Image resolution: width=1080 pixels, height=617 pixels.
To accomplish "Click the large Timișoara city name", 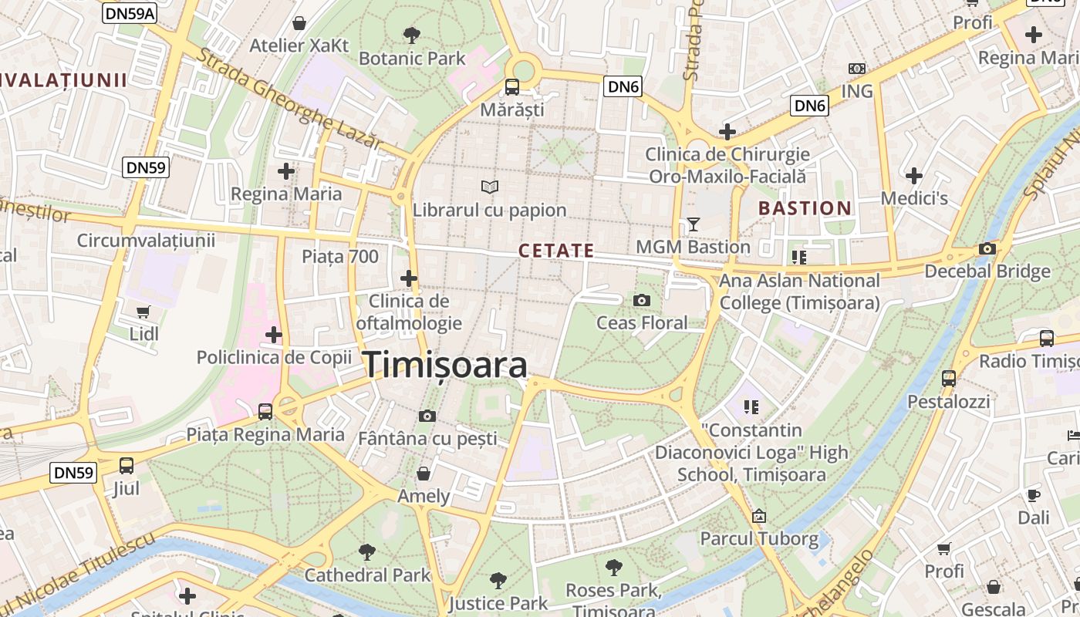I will pyautogui.click(x=446, y=364).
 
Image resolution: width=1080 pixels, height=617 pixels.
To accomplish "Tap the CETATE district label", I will pyautogui.click(x=556, y=251).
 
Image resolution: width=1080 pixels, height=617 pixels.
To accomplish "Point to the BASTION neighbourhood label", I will pyautogui.click(x=805, y=208).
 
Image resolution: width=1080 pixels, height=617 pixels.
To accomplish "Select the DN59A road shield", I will pyautogui.click(x=129, y=14).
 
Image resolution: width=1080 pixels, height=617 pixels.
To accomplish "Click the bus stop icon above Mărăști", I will pyautogui.click(x=511, y=86).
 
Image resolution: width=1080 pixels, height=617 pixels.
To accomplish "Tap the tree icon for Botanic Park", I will pyautogui.click(x=412, y=35).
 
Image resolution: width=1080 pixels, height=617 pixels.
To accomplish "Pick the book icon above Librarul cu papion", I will pyautogui.click(x=489, y=187).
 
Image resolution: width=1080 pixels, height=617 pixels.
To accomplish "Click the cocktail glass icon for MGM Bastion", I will pyautogui.click(x=693, y=224).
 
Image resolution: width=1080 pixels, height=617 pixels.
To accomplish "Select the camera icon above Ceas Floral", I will pyautogui.click(x=641, y=300).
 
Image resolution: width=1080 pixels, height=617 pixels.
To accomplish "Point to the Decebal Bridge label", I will pyautogui.click(x=987, y=271).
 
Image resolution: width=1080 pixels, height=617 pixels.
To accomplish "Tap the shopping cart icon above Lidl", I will pyautogui.click(x=143, y=312).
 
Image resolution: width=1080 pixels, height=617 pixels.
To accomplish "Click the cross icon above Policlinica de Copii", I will pyautogui.click(x=273, y=335).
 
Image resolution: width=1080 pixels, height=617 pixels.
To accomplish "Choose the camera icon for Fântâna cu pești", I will pyautogui.click(x=427, y=416).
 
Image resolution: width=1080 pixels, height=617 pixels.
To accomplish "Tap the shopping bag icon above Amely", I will pyautogui.click(x=423, y=473).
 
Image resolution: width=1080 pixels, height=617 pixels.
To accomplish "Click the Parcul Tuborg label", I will pyautogui.click(x=759, y=538).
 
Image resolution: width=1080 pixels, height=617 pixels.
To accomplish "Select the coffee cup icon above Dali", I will pyautogui.click(x=1033, y=495).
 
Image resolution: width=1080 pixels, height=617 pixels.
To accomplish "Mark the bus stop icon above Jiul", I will pyautogui.click(x=126, y=466).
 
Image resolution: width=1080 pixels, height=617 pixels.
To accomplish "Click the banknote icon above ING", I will pyautogui.click(x=856, y=69).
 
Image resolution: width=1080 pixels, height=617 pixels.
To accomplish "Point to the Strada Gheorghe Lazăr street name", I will pyautogui.click(x=289, y=99).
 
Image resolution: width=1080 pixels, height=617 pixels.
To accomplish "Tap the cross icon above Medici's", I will pyautogui.click(x=914, y=176).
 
